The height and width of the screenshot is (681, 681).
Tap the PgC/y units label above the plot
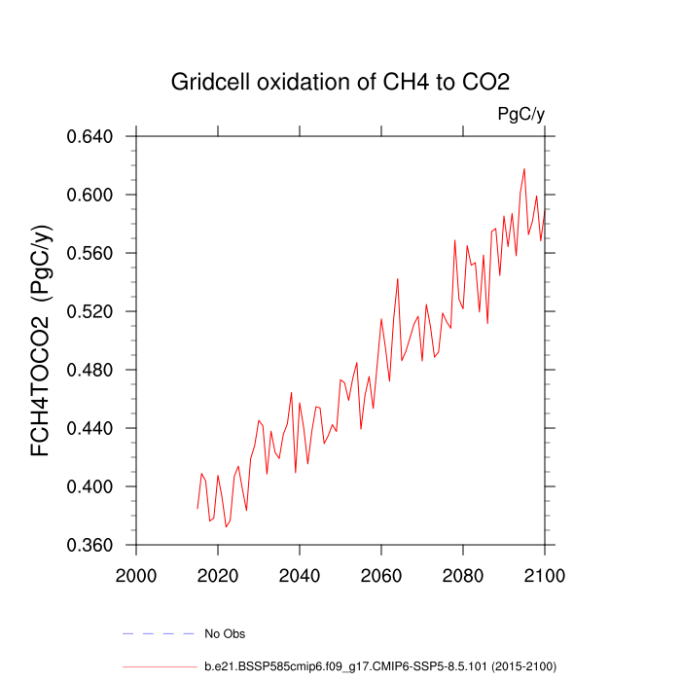coord(520,115)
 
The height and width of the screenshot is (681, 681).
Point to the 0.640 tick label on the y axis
coord(90,136)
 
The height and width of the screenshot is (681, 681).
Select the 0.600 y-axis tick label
coord(90,195)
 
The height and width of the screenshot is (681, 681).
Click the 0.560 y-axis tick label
coord(90,253)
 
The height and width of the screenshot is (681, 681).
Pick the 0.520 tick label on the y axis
coord(90,311)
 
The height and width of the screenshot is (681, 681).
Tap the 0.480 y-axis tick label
coord(90,370)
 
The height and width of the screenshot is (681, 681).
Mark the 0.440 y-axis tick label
coord(90,428)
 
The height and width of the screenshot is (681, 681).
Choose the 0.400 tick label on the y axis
coord(90,486)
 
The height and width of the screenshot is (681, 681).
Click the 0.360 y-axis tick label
coord(90,545)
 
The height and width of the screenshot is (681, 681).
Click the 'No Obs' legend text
coord(225,634)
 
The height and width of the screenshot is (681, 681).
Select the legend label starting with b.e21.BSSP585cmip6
coord(379,666)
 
